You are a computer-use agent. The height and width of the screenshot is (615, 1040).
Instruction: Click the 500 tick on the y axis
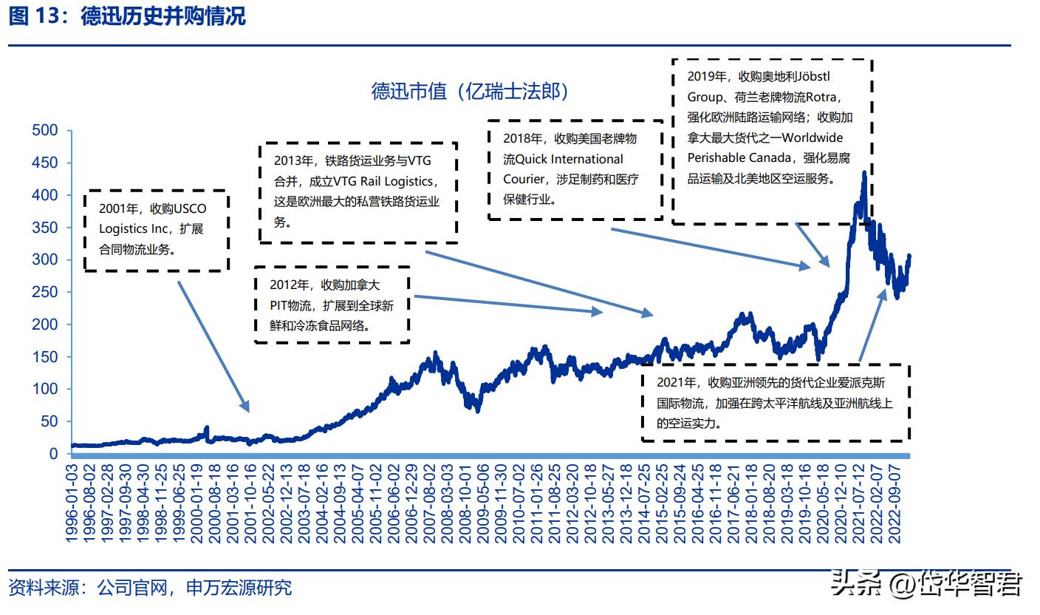[45, 131]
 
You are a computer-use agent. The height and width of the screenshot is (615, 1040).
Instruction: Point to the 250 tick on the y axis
[45, 292]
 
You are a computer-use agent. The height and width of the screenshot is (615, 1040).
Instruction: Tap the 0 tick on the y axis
[53, 454]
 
